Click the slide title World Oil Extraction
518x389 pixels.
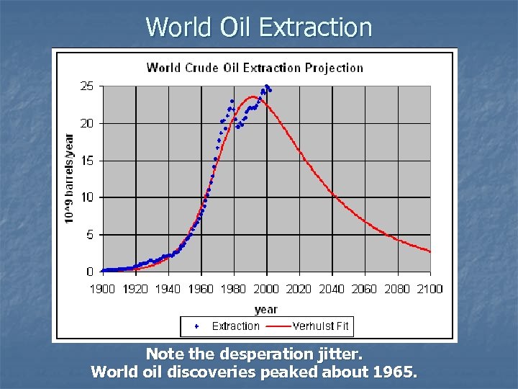coord(259,27)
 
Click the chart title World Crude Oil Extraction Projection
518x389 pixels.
coord(255,68)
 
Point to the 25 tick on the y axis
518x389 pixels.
coord(86,86)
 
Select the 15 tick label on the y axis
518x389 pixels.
coord(86,161)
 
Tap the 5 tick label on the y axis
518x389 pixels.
coord(90,235)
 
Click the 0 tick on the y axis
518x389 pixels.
coord(90,272)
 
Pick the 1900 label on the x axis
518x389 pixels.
coord(103,289)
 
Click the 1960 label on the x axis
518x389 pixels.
coord(201,289)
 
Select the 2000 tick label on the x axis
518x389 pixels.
coord(266,289)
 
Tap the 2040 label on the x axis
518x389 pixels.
coord(332,289)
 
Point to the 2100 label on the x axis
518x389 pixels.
coord(429,289)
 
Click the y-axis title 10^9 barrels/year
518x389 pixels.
coord(70,178)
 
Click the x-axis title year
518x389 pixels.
coord(265,309)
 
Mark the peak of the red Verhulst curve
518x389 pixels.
coord(253,97)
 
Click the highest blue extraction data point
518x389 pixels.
coord(267,86)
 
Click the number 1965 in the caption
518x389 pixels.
coord(399,372)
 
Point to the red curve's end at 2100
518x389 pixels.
coord(430,251)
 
